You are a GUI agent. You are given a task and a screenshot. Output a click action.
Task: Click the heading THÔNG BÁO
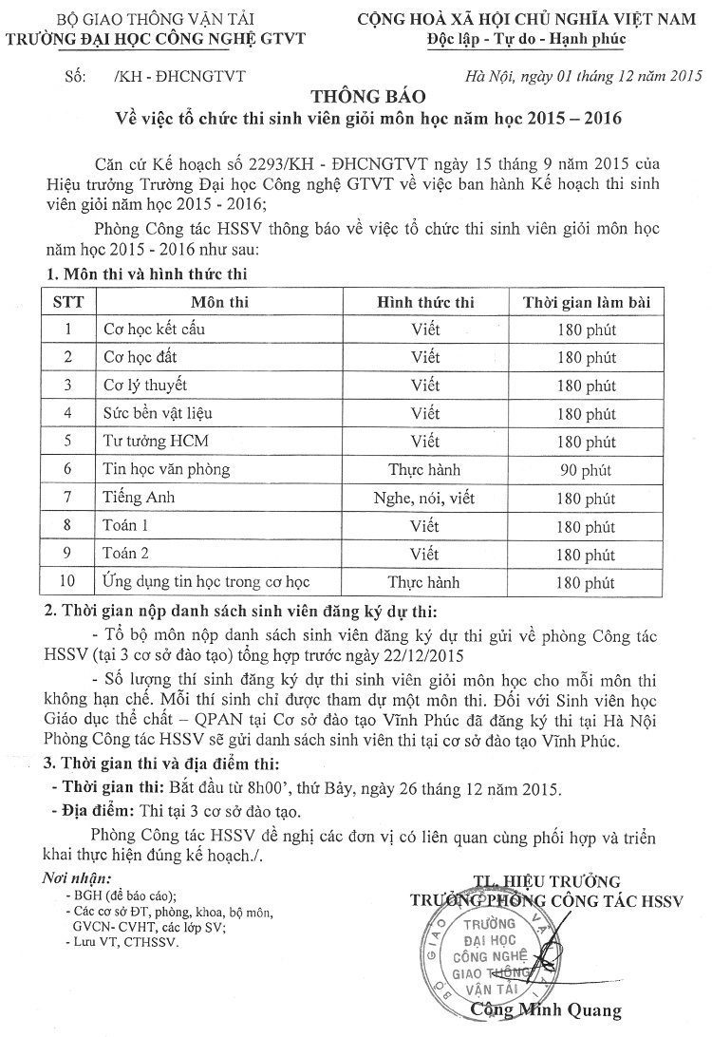tap(356, 98)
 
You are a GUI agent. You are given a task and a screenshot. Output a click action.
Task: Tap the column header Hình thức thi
tap(425, 302)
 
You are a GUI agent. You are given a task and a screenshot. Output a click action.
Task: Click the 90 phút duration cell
tap(588, 469)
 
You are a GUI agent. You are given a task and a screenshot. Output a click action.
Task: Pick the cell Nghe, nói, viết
tap(425, 498)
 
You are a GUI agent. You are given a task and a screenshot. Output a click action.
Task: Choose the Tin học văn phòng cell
tap(166, 469)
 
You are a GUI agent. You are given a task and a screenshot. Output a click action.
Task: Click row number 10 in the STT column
tap(67, 582)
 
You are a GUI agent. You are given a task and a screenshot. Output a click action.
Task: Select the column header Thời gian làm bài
tap(588, 302)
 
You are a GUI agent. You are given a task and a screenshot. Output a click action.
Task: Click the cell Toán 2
tap(125, 554)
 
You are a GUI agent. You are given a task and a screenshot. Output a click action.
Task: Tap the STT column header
tap(67, 302)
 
